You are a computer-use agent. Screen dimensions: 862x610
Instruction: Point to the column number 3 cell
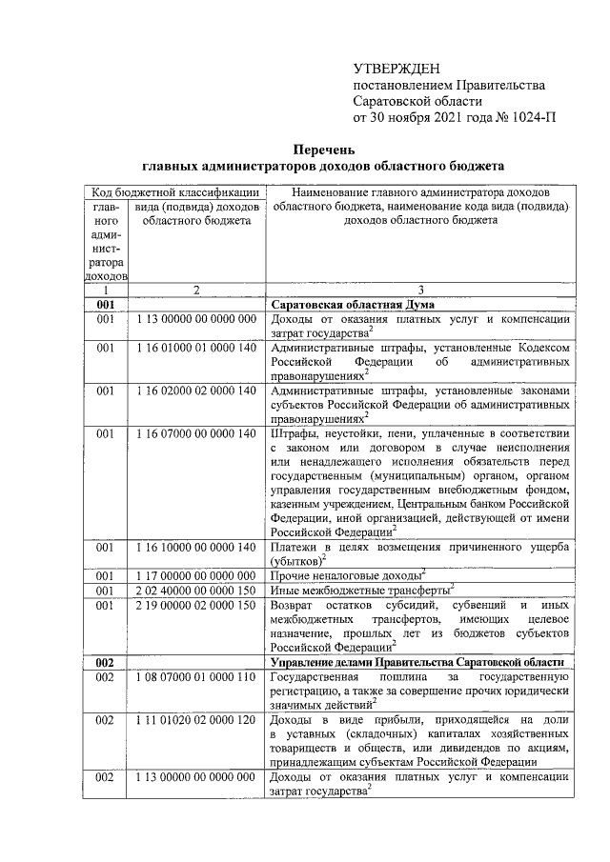(419, 289)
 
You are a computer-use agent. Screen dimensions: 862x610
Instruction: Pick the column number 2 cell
(195, 289)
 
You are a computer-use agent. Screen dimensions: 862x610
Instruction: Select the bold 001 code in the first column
(106, 304)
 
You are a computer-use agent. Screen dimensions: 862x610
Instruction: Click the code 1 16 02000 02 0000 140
(196, 391)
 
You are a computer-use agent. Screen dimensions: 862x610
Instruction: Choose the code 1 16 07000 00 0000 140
(196, 434)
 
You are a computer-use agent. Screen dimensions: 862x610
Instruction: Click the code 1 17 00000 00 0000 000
(196, 575)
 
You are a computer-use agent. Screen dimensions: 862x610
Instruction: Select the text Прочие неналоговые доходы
(346, 576)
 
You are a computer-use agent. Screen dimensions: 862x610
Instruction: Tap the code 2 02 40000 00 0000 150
(196, 590)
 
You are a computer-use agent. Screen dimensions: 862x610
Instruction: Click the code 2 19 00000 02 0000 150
(196, 604)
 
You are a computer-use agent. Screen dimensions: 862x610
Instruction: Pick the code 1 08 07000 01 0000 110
(196, 675)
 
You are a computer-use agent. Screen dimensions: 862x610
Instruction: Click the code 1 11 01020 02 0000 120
(196, 719)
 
